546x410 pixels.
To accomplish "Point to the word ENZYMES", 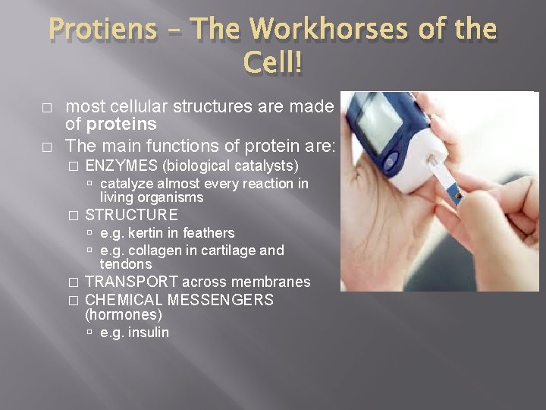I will (122, 166).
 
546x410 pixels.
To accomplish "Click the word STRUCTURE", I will (131, 215).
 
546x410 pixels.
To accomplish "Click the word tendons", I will (126, 264).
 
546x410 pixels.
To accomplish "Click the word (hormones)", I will (123, 314).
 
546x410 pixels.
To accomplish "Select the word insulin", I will (148, 333).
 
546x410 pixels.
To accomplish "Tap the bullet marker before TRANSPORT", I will (73, 282).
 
